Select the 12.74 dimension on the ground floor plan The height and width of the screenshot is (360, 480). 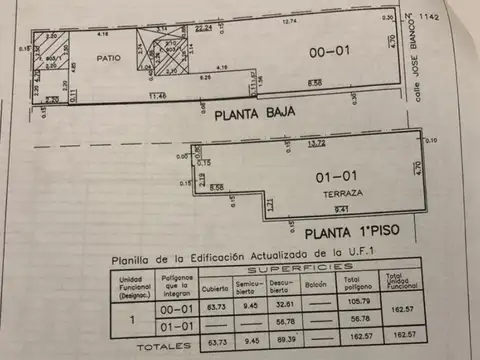(318, 20)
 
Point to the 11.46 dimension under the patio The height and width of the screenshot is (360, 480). (157, 95)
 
